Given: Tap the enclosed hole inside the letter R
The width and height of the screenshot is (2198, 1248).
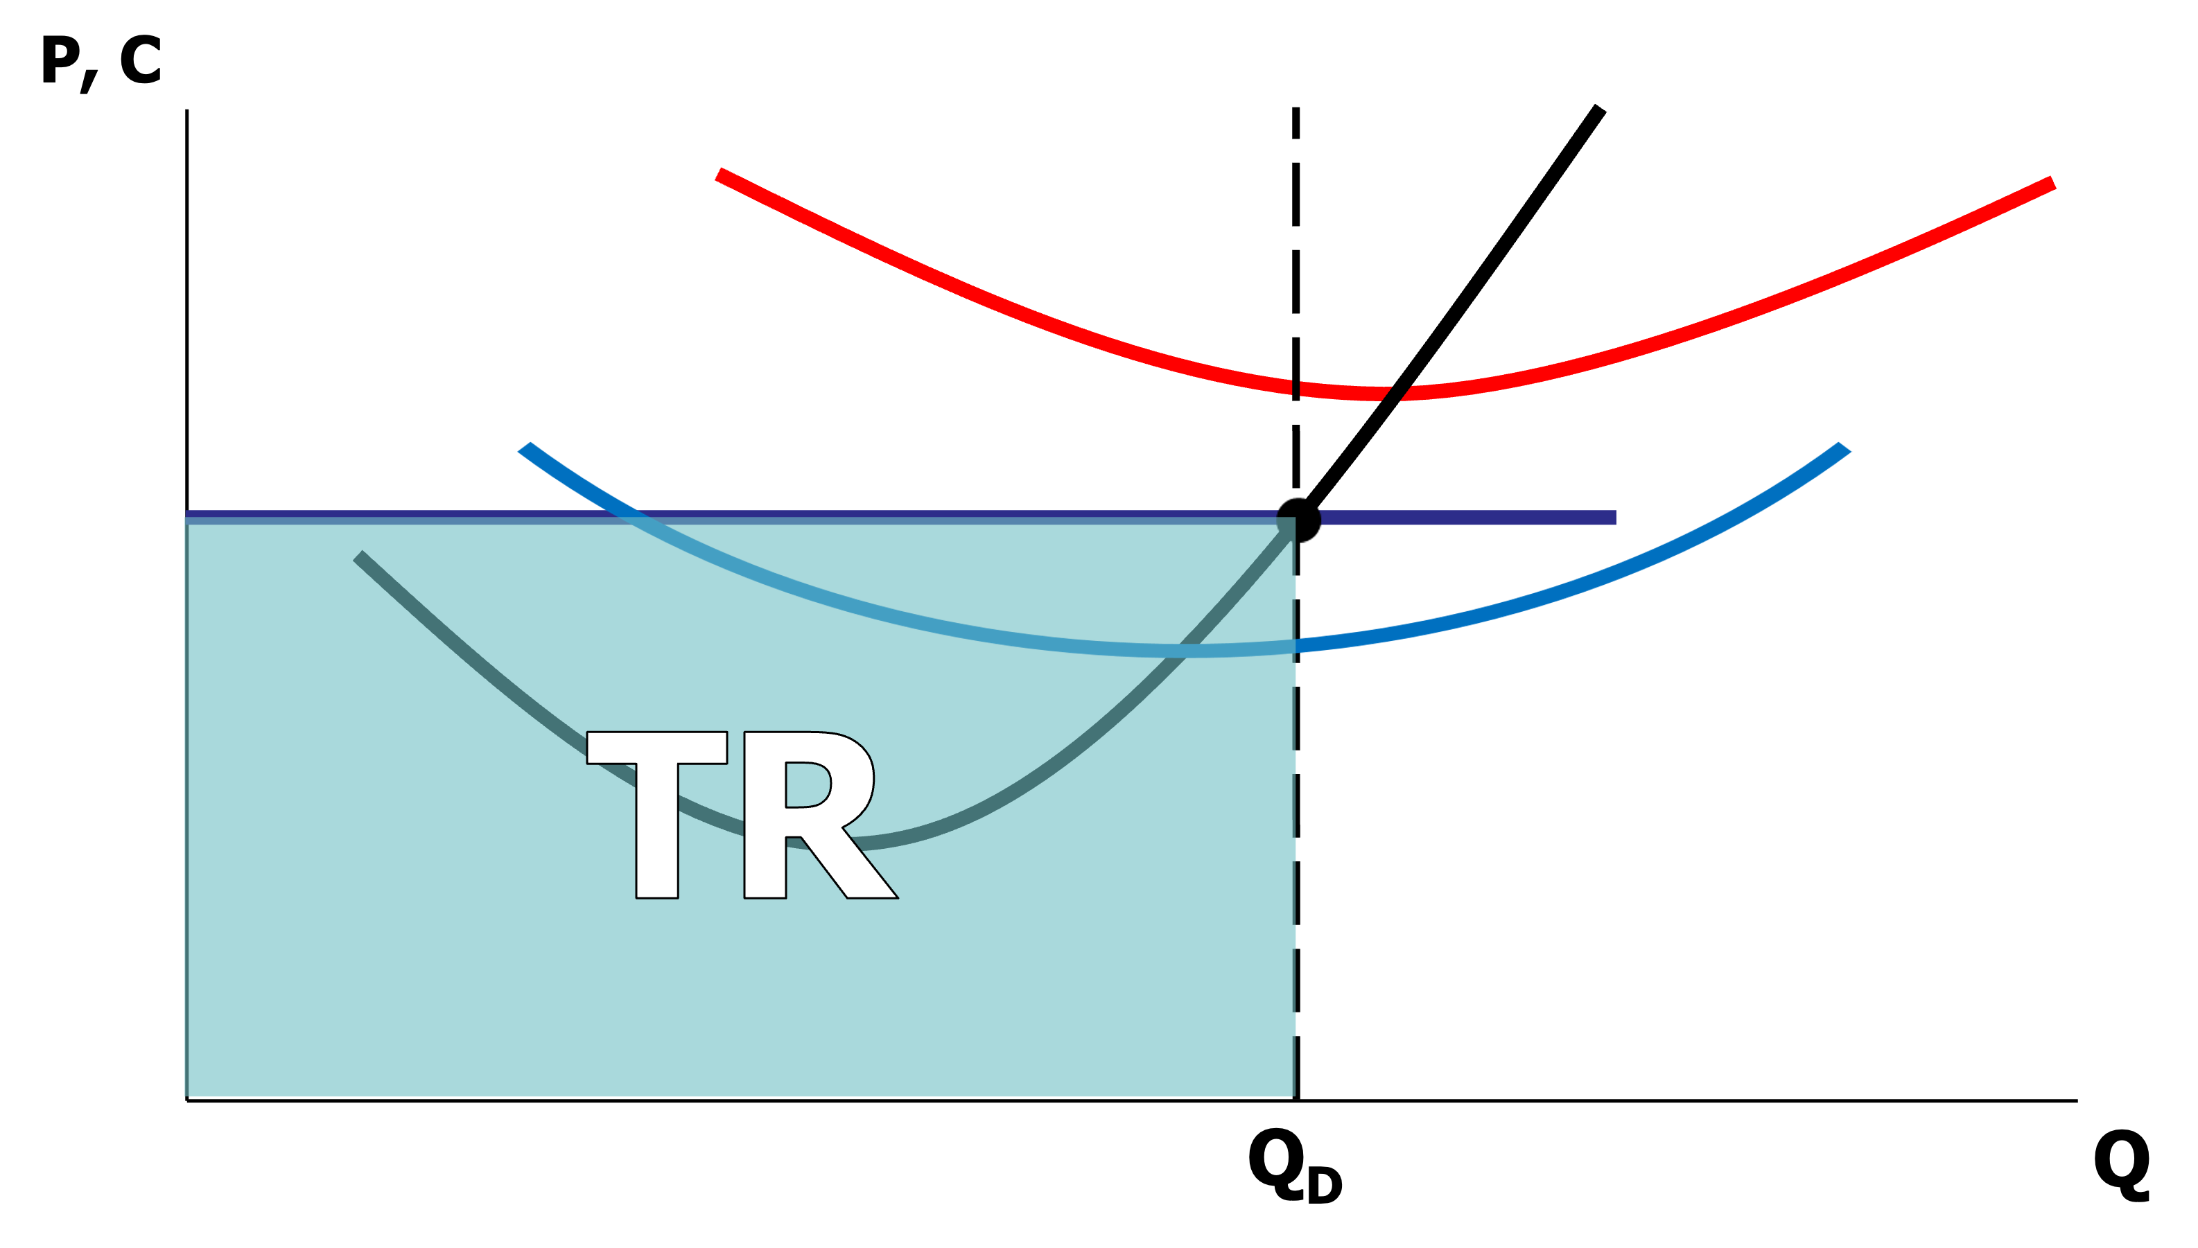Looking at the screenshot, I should pyautogui.click(x=806, y=784).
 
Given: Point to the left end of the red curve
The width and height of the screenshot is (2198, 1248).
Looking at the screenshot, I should pyautogui.click(x=721, y=175).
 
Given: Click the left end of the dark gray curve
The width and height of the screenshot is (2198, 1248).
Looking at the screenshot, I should pyautogui.click(x=358, y=556).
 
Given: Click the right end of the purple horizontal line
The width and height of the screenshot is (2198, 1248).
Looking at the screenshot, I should pyautogui.click(x=1614, y=518).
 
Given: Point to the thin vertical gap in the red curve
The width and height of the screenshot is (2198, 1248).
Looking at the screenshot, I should pyautogui.click(x=1296, y=388).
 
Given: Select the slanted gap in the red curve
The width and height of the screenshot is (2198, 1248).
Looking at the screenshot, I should pyautogui.click(x=1397, y=394).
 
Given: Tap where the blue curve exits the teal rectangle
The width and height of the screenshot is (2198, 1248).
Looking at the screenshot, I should pyautogui.click(x=1294, y=645).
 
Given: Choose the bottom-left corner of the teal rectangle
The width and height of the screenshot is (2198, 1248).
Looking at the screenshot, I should pyautogui.click(x=187, y=1096).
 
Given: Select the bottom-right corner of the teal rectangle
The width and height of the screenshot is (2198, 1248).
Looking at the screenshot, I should pyautogui.click(x=1293, y=1096).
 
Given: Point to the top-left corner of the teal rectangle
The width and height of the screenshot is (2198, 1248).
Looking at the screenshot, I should pyautogui.click(x=187, y=514).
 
